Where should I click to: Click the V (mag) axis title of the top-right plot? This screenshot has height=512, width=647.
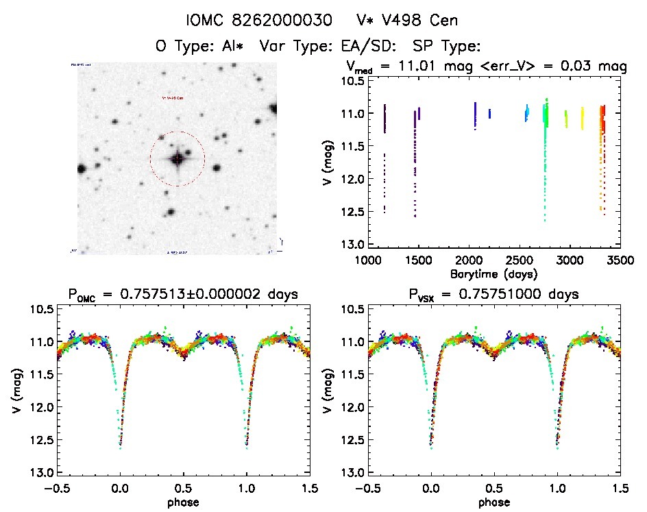328,162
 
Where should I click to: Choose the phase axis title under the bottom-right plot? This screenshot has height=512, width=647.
493,502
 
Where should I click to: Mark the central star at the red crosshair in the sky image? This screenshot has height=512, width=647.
178,158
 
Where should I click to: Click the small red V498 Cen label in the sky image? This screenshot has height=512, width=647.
172,98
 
